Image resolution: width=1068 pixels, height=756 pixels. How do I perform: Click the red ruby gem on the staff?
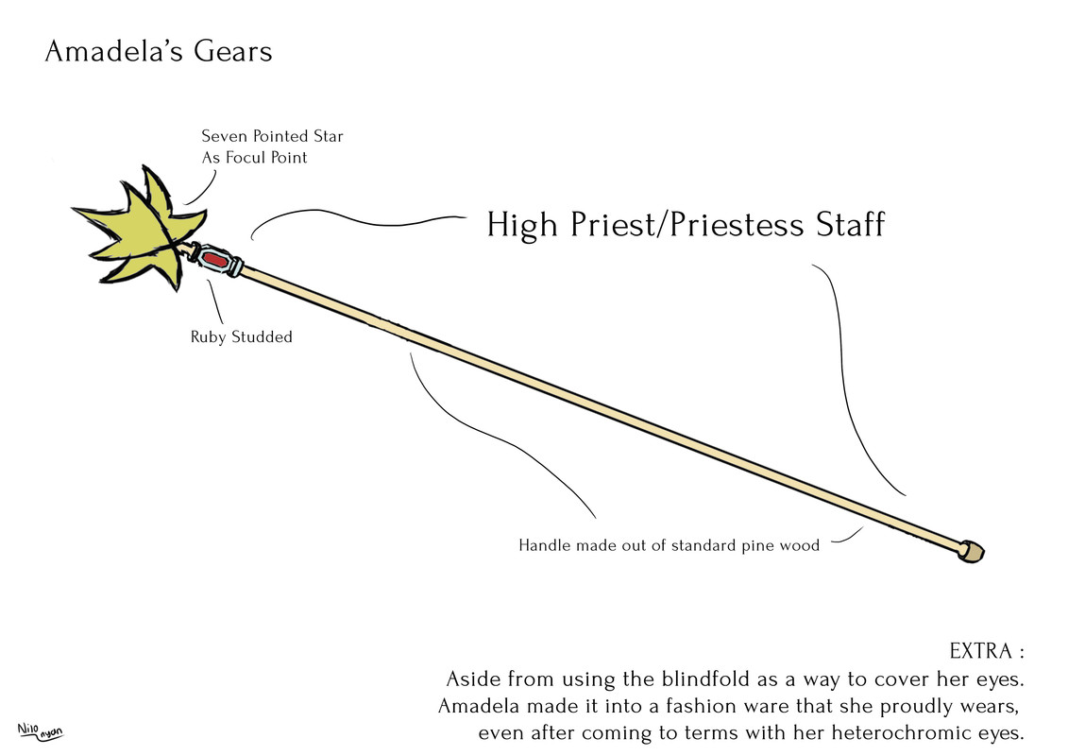coord(216,258)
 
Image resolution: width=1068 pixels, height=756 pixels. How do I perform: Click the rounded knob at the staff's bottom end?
coord(971,551)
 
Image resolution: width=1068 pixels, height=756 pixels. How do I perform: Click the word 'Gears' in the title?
coord(233,51)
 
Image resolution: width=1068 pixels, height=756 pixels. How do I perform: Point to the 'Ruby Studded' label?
coord(242,336)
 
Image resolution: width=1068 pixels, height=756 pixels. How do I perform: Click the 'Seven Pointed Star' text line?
coord(272,136)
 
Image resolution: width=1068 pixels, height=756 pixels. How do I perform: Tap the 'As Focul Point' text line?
coord(254,158)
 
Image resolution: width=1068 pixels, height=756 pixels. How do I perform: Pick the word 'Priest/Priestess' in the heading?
coord(682,226)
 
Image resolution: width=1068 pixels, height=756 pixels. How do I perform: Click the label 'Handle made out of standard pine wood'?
coord(669,545)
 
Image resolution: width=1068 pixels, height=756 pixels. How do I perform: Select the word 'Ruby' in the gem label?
coord(210,336)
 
